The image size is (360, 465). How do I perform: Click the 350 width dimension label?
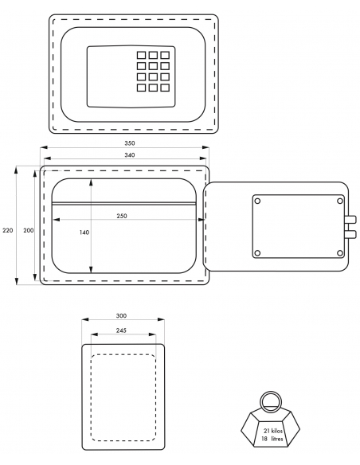pyautogui.click(x=130, y=143)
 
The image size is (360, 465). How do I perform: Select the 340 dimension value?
pyautogui.click(x=130, y=155)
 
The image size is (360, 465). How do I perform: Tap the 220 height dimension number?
pyautogui.click(x=8, y=230)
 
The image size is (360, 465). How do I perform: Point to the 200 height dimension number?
pyautogui.click(x=29, y=230)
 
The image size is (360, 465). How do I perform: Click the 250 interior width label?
pyautogui.click(x=122, y=216)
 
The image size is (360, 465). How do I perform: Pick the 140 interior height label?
pyautogui.click(x=84, y=232)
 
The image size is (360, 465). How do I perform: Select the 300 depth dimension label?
pyautogui.click(x=121, y=316)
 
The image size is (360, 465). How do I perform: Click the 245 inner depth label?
pyautogui.click(x=121, y=330)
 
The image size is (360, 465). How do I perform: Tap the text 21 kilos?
pyautogui.click(x=273, y=432)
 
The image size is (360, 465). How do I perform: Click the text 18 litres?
pyautogui.click(x=272, y=439)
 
